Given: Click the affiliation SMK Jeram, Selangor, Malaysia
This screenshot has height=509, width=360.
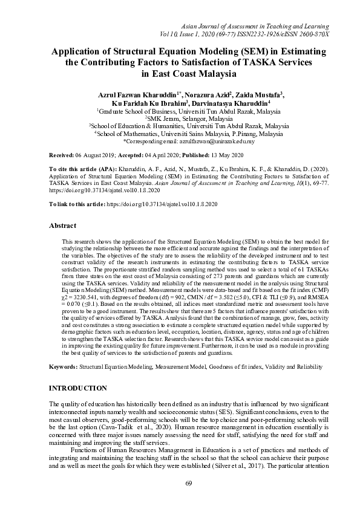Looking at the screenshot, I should click(180, 120).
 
